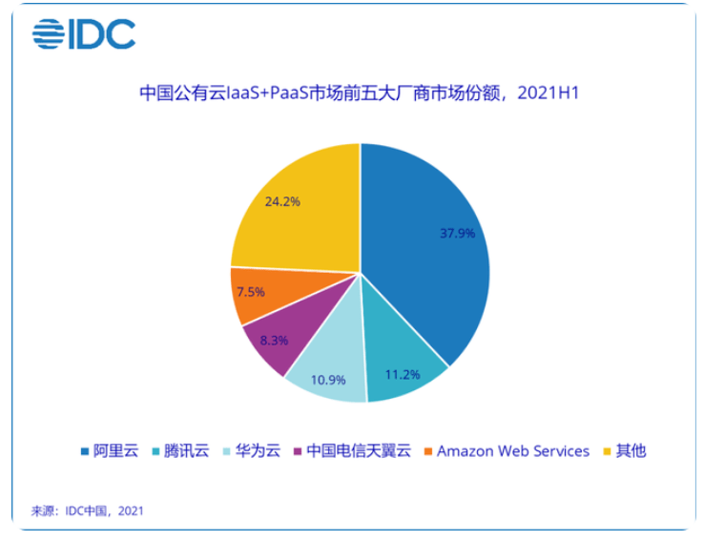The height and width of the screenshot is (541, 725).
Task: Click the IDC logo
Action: point(84,33)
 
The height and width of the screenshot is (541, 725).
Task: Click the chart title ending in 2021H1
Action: point(360,93)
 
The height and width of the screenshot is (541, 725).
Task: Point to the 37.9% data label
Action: point(457,233)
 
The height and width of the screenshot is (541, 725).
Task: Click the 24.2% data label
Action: point(282,201)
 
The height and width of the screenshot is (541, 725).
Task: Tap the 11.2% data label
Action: point(403,375)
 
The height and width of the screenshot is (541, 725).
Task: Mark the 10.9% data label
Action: point(328,380)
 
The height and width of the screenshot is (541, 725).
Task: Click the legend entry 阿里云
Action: point(110,450)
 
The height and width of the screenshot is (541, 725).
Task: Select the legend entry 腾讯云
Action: point(181,450)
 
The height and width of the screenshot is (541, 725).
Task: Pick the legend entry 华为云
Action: point(252,450)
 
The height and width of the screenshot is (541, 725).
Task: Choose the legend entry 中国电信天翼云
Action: point(352,450)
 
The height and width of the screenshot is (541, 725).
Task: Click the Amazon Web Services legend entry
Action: point(507,450)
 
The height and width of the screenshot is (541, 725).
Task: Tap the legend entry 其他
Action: point(625,450)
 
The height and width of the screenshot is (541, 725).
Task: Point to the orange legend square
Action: point(428,451)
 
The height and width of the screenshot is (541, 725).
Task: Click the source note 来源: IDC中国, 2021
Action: point(88,511)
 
